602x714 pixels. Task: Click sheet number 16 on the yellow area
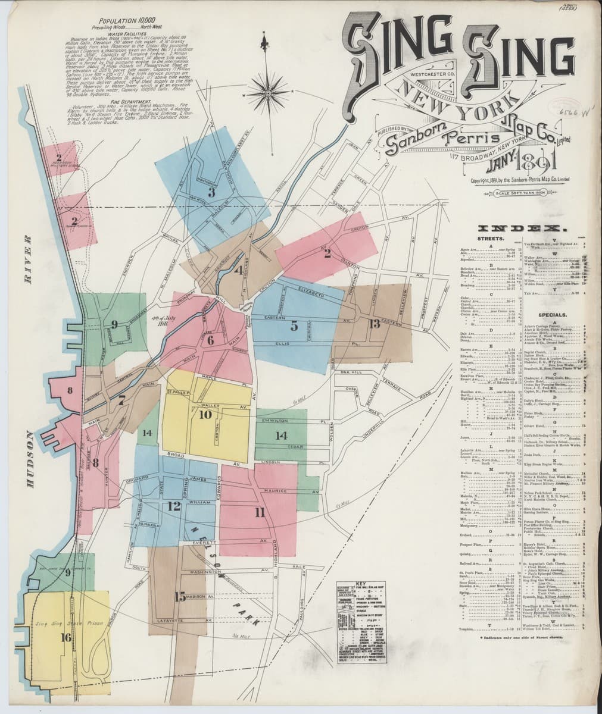pyautogui.click(x=66, y=637)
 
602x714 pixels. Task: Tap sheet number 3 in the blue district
pyautogui.click(x=211, y=192)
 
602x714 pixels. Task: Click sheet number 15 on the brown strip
pyautogui.click(x=180, y=597)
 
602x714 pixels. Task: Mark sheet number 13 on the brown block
pyautogui.click(x=374, y=324)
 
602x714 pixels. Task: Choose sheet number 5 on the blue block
pyautogui.click(x=294, y=325)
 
